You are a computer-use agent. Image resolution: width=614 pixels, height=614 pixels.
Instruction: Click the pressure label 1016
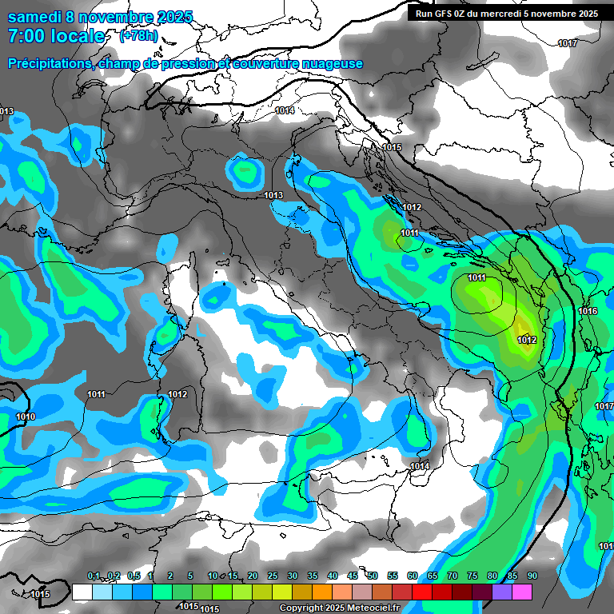[588, 311]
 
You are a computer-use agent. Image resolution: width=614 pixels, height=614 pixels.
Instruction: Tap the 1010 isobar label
[26, 417]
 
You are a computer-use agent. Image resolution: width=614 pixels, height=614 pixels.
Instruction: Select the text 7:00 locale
[56, 36]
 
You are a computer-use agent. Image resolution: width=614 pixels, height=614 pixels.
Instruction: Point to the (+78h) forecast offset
[138, 36]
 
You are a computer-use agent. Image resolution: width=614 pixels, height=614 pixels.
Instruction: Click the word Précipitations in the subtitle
[49, 64]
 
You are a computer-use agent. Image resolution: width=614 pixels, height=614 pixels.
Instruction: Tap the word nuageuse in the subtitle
[330, 64]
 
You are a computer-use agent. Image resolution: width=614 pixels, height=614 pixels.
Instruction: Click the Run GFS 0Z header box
[506, 13]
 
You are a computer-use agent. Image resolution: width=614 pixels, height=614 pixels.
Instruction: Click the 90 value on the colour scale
[532, 576]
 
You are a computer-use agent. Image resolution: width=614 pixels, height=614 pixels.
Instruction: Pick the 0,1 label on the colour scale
[93, 576]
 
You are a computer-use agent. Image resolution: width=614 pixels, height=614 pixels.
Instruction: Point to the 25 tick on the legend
[273, 576]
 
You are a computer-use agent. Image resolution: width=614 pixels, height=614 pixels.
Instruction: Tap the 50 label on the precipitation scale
[373, 576]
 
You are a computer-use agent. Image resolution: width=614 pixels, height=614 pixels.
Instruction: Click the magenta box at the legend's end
[522, 592]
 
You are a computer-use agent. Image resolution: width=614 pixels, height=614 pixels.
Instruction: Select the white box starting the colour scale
[82, 592]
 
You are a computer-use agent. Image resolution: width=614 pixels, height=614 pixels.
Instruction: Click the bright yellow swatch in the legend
[282, 592]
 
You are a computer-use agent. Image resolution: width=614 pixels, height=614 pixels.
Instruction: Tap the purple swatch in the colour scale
[502, 592]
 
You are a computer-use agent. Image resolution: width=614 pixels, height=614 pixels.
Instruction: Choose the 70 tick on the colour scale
[453, 576]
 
